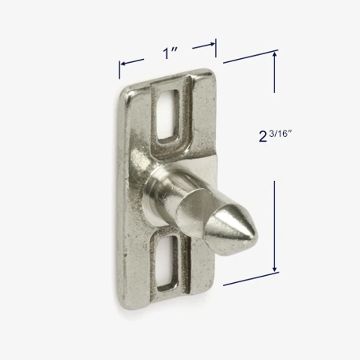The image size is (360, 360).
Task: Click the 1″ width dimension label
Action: tap(167, 53)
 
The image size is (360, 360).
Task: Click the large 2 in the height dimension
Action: tap(263, 137)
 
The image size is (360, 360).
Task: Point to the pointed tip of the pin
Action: tap(258, 236)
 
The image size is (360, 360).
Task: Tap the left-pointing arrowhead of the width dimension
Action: tap(123, 63)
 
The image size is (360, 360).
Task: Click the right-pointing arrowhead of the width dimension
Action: tap(211, 44)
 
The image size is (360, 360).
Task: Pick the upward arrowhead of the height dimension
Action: tap(274, 54)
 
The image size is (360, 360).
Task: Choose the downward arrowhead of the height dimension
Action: tap(274, 268)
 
